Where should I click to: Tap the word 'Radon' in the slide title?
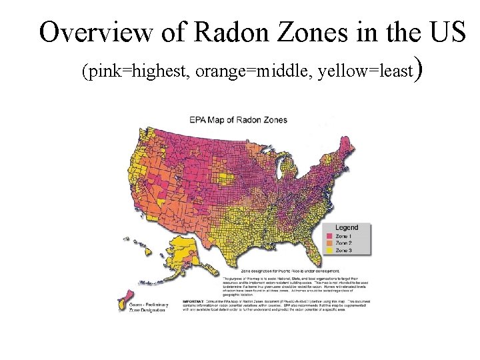click(x=220, y=31)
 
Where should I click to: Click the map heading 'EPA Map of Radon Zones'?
click(x=238, y=120)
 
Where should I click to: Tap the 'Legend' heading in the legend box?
click(x=346, y=228)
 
